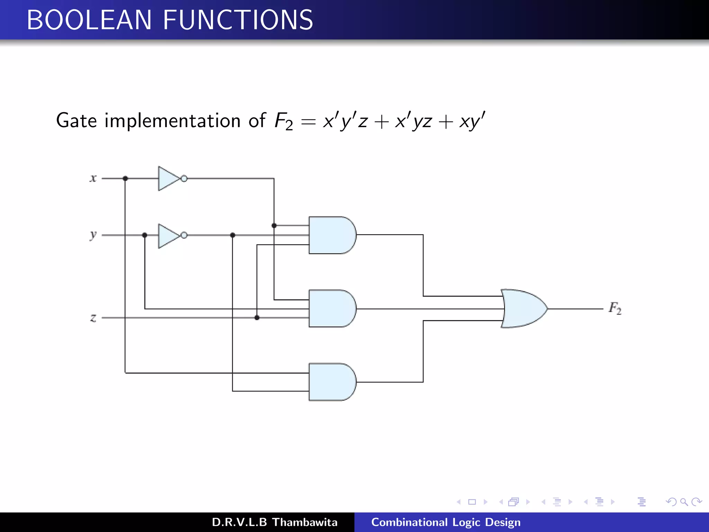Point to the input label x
(93, 178)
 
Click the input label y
(93, 235)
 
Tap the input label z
(93, 318)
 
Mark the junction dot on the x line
(125, 178)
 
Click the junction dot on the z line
(257, 318)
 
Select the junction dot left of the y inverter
(145, 235)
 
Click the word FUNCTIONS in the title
(238, 20)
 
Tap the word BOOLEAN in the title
(89, 20)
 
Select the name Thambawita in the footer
(305, 522)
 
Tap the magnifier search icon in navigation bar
(684, 502)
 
